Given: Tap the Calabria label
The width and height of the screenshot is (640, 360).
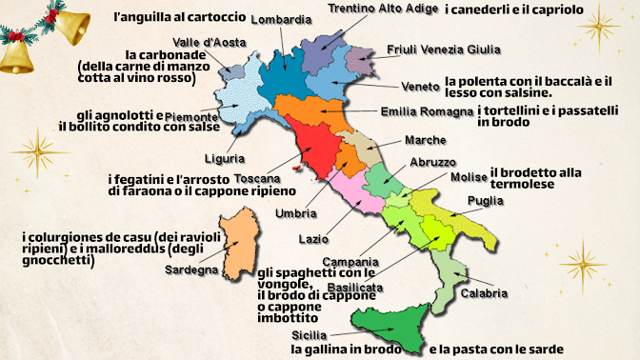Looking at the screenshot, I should [x=484, y=293].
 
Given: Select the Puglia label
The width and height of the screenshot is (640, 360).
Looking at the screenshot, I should [x=484, y=201].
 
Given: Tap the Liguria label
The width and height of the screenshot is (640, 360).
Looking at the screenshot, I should [x=225, y=158].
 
